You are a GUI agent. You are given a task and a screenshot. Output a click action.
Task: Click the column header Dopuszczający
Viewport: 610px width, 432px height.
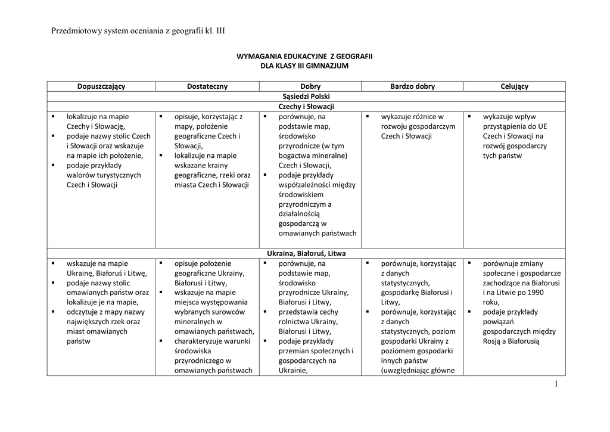point(101,86)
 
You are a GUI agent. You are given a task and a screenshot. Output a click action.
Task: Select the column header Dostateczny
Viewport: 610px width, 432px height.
point(207,86)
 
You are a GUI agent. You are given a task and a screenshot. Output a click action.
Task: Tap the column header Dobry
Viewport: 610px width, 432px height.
point(310,86)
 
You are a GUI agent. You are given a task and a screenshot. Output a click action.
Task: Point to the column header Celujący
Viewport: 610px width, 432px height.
point(515,86)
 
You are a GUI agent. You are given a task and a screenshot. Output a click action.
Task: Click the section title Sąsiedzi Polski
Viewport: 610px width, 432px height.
point(306,96)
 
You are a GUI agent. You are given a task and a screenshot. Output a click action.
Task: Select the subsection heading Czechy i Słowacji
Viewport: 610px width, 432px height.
point(306,106)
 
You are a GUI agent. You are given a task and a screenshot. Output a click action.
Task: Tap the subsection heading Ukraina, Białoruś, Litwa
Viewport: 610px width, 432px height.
point(306,253)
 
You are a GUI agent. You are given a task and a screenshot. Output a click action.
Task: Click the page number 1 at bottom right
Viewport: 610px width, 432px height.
point(556,384)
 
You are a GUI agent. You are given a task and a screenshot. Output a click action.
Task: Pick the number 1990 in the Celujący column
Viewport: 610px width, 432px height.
point(535,293)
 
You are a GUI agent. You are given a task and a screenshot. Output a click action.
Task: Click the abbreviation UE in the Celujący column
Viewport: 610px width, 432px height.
point(541,126)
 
